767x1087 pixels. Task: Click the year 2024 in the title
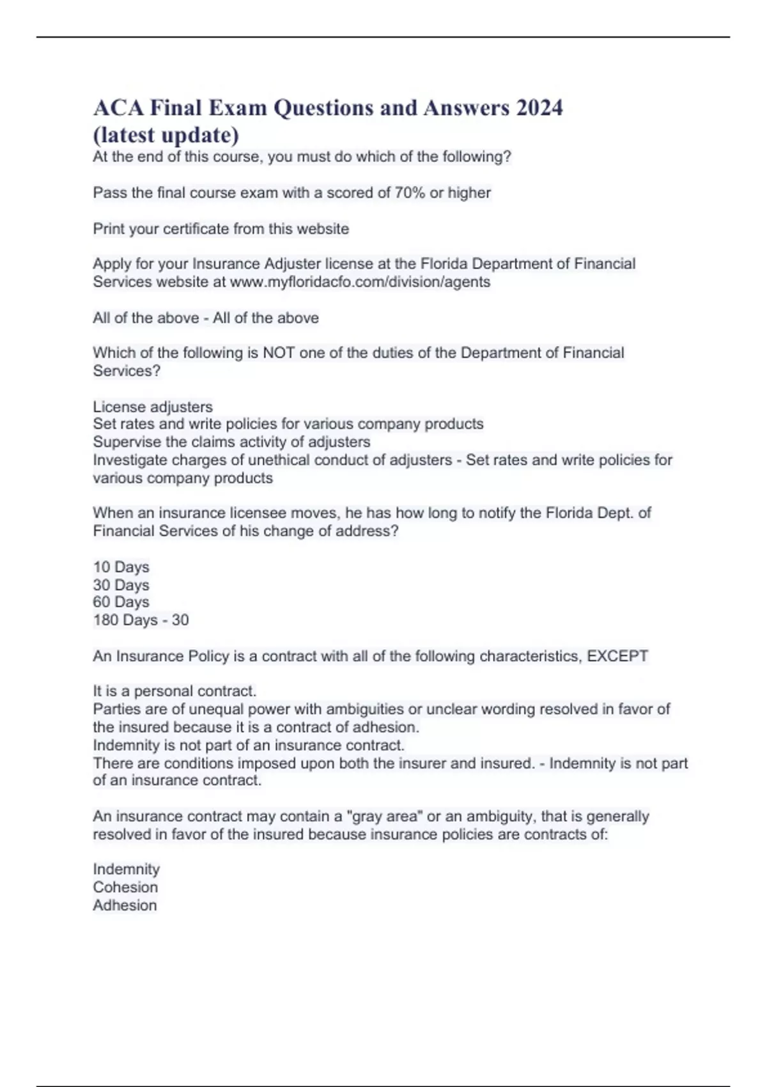pos(539,107)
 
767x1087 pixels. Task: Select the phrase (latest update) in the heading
pos(166,135)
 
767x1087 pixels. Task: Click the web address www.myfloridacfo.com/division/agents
pos(360,282)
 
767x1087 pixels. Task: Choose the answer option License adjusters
pos(153,407)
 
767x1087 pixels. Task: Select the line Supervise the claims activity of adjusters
pos(231,442)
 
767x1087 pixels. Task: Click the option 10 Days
pos(121,567)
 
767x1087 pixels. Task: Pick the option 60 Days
pos(121,602)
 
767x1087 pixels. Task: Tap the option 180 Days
pos(125,620)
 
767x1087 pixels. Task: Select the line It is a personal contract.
pos(174,691)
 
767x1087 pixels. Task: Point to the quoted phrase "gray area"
pos(383,817)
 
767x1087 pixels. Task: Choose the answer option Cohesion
pos(125,888)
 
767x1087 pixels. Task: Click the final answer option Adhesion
pos(125,905)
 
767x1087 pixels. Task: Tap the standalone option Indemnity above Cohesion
pos(127,870)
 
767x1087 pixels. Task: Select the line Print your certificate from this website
pos(221,229)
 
